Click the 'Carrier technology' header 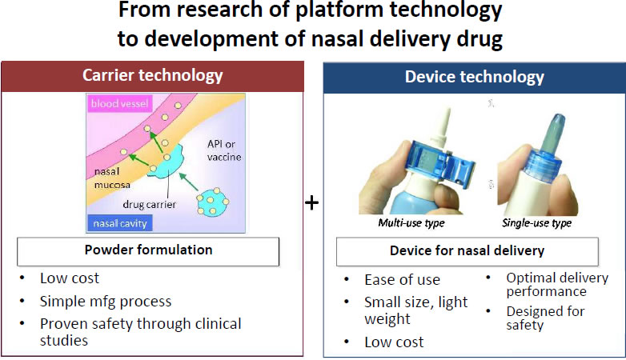coord(153,75)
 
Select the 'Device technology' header coord(474,77)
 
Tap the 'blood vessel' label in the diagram coord(120,103)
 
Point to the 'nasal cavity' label coord(120,223)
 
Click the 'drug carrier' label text coord(150,204)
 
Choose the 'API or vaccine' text coord(224,150)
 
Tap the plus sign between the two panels coord(312,202)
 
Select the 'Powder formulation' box coord(148,251)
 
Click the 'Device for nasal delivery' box coord(467,251)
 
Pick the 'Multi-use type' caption coord(411,222)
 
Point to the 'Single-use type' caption coord(536,222)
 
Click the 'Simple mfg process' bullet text coord(106,302)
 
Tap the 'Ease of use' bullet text coord(402,280)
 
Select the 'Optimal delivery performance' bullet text coord(557,284)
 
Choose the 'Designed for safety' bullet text coord(545,318)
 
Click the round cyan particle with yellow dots coord(213,202)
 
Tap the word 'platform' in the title coord(339,10)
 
